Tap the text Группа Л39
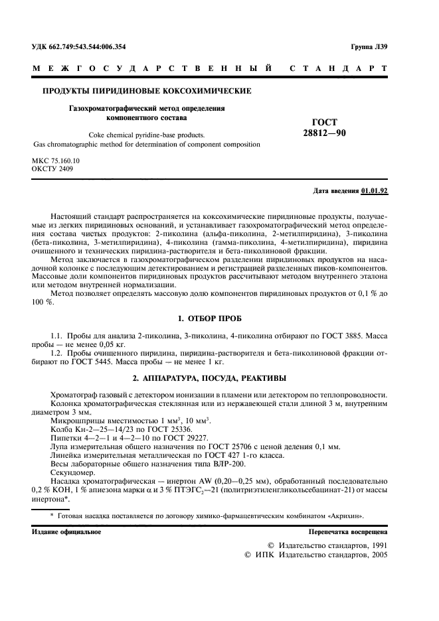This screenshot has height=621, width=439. point(369,46)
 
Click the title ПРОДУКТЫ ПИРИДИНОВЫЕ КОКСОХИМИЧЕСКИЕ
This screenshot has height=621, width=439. point(147,91)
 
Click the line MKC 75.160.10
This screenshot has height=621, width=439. point(56,161)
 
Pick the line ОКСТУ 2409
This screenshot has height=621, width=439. point(52,169)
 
